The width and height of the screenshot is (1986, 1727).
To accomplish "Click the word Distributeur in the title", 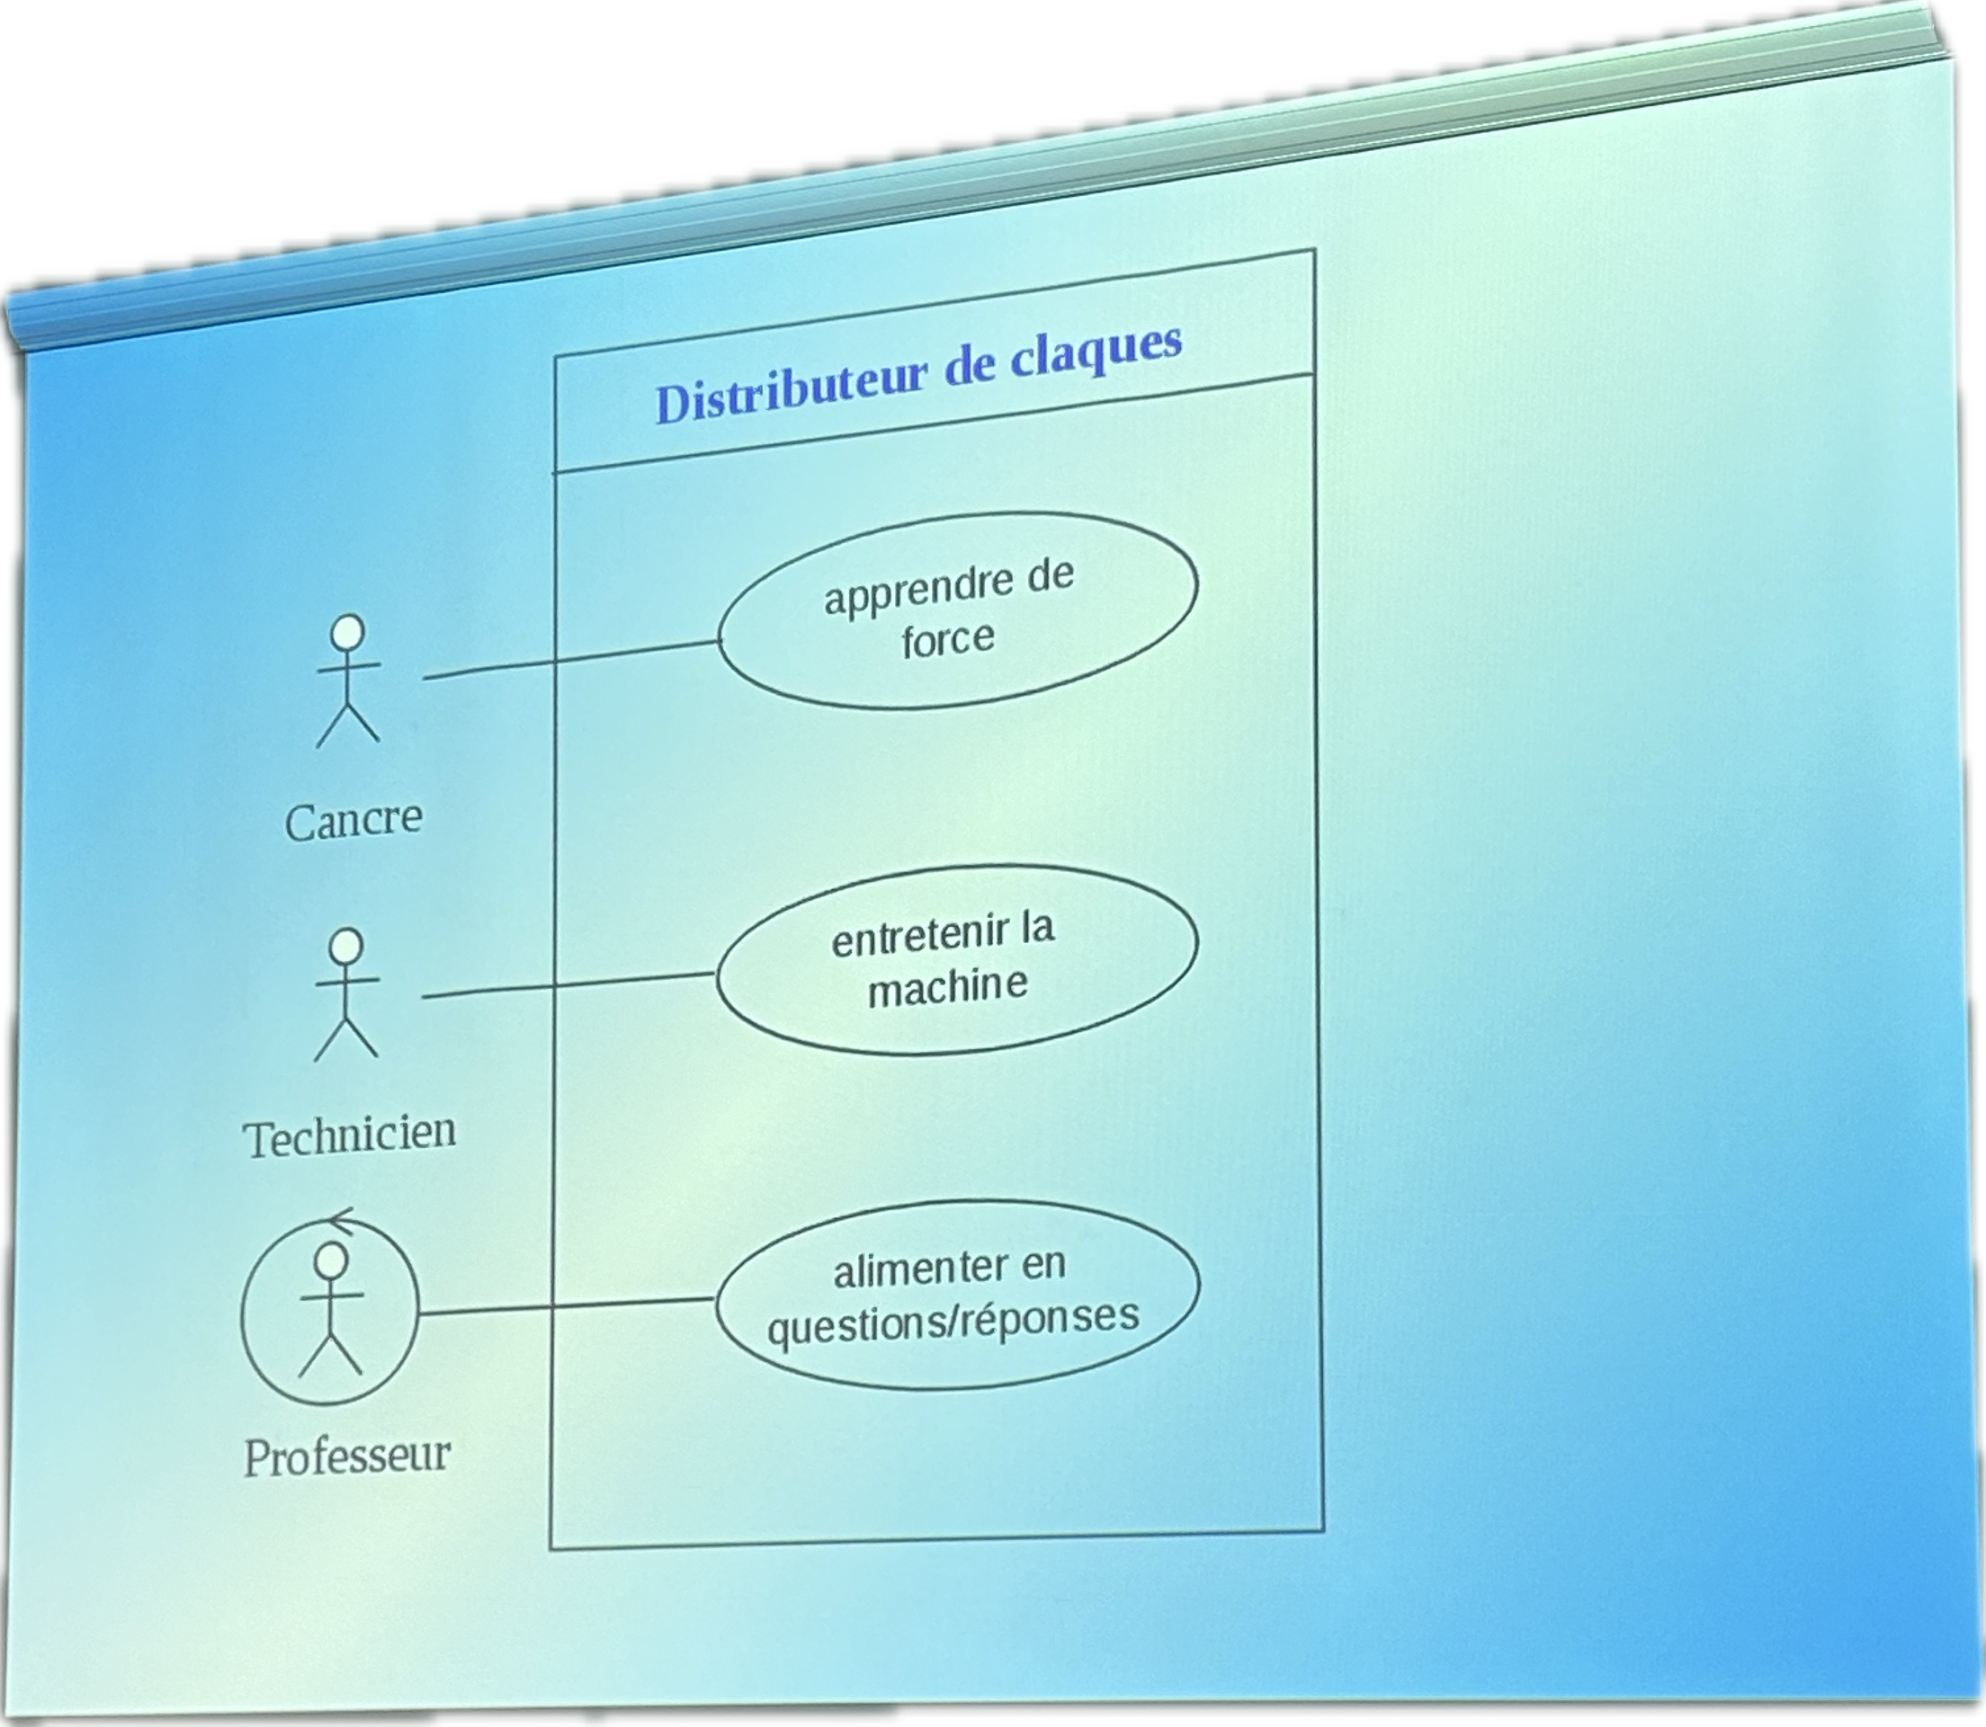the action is (790, 391).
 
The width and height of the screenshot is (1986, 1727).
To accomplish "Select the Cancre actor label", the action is (353, 821).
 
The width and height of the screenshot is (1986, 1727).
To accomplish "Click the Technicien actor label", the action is (349, 1136).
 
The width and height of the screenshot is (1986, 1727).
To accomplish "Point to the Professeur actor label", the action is (347, 1456).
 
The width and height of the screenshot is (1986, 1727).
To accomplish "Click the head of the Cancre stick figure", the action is (347, 633).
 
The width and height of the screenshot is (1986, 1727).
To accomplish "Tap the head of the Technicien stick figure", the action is (346, 947).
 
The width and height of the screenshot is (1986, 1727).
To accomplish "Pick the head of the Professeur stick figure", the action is (331, 1260).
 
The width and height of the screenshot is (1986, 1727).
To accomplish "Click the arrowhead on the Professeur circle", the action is (340, 1220).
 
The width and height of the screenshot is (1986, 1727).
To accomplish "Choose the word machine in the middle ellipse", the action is (948, 987).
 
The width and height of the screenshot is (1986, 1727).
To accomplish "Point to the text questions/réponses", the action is (953, 1322).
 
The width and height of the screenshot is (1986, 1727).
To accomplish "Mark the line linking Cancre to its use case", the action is (573, 659).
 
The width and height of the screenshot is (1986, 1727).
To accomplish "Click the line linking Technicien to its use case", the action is (569, 985).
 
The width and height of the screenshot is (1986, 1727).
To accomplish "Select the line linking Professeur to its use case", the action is (567, 1307).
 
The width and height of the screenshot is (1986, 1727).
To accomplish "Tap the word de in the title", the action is (968, 369).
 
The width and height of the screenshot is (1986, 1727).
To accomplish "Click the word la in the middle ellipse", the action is (1037, 926).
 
